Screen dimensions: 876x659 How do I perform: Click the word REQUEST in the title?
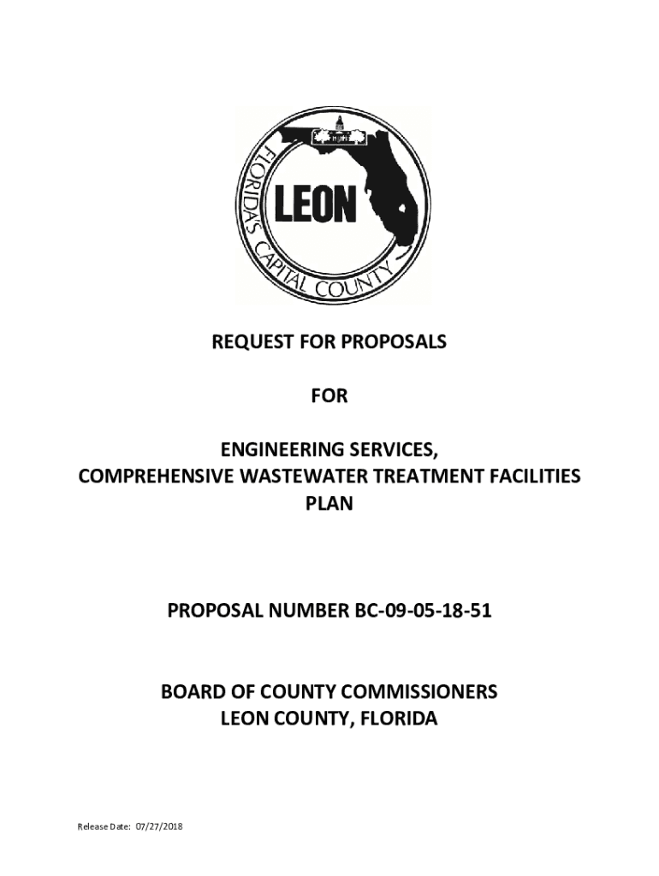pyautogui.click(x=248, y=342)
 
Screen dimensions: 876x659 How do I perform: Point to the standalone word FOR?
pyautogui.click(x=329, y=396)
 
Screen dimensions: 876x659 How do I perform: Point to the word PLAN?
pyautogui.click(x=329, y=504)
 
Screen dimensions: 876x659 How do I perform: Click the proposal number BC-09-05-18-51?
pyautogui.click(x=420, y=612)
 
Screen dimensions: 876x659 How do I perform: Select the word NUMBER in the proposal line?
pyautogui.click(x=300, y=612)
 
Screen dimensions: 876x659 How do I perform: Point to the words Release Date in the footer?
pyautogui.click(x=103, y=827)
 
